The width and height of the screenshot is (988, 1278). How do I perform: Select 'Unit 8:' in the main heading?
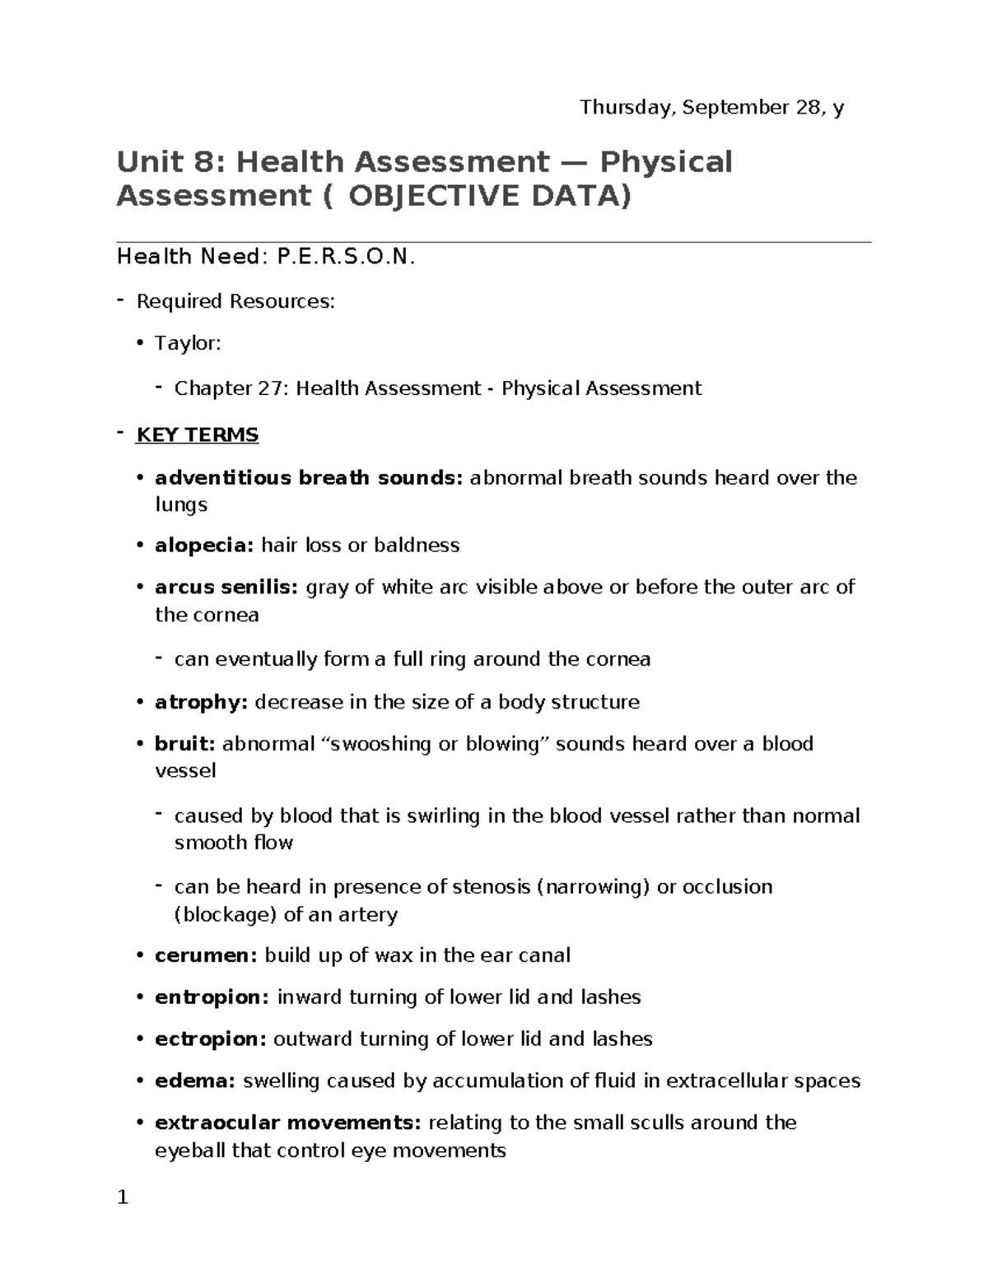pyautogui.click(x=170, y=162)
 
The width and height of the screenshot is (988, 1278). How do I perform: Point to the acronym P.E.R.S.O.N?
pyautogui.click(x=347, y=258)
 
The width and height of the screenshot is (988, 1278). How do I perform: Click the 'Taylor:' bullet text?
pyautogui.click(x=188, y=343)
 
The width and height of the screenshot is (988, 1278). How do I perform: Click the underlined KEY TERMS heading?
pyautogui.click(x=198, y=435)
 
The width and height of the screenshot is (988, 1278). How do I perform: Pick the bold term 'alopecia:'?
pyautogui.click(x=204, y=546)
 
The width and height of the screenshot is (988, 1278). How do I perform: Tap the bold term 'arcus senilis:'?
pyautogui.click(x=226, y=588)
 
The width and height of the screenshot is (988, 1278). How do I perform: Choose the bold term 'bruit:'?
pyautogui.click(x=185, y=744)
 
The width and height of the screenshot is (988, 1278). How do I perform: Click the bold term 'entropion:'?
pyautogui.click(x=212, y=997)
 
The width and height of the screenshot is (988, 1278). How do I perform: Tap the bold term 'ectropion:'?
pyautogui.click(x=210, y=1039)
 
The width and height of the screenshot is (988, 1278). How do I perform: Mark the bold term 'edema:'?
pyautogui.click(x=195, y=1080)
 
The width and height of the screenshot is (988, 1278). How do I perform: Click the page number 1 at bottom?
pyautogui.click(x=123, y=1197)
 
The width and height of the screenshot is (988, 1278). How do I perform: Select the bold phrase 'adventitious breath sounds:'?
pyautogui.click(x=310, y=478)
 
